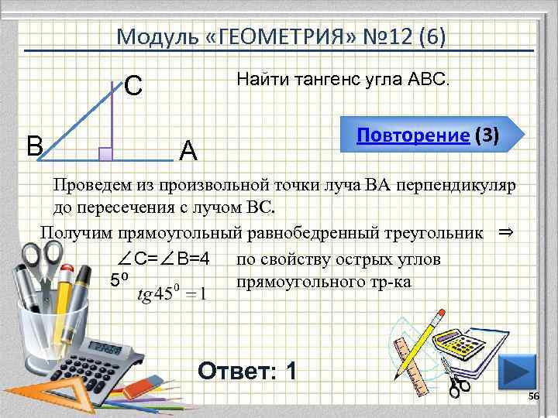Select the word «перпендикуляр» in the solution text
coord(459,186)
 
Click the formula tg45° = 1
coord(171,294)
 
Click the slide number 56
coord(532,397)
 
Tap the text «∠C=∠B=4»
coord(164,258)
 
